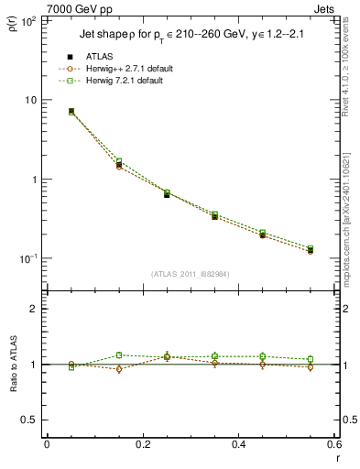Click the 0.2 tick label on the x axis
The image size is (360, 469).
[x=142, y=444]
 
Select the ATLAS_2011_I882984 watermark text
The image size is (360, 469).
[x=191, y=274]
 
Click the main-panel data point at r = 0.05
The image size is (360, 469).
[x=71, y=112]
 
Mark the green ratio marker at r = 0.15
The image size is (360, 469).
[x=119, y=354]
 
